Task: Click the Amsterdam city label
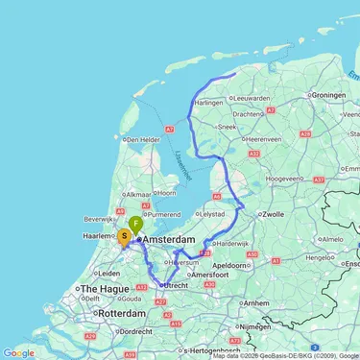[176, 239]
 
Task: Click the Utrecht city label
[177, 285]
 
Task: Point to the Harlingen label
[208, 102]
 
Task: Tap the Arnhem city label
[256, 303]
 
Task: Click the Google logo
[18, 352]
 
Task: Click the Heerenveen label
[255, 140]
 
